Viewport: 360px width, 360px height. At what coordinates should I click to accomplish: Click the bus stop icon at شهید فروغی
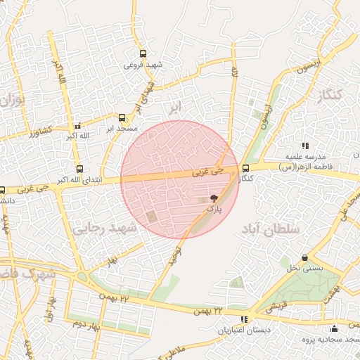143,53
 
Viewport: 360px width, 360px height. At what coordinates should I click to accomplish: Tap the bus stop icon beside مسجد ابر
122,117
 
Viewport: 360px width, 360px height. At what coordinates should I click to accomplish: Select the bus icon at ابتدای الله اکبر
79,169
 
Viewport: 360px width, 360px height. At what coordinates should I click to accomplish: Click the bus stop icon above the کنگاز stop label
245,168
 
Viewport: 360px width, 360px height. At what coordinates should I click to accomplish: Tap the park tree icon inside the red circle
214,199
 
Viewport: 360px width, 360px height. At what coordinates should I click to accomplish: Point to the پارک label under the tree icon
214,209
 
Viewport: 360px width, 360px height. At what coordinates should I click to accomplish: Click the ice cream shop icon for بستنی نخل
304,258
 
